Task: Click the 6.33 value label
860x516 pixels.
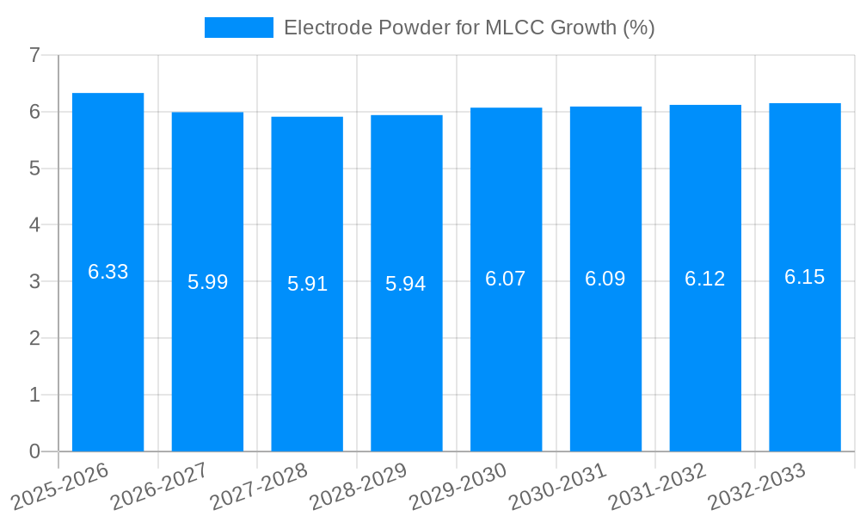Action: click(107, 272)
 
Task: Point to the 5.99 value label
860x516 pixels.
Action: click(207, 282)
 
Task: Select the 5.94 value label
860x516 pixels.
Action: click(406, 284)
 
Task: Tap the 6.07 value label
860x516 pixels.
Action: click(506, 279)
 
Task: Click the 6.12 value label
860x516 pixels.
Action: click(705, 279)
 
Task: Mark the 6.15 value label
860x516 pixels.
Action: click(805, 277)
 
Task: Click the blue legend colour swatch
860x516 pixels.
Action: click(238, 28)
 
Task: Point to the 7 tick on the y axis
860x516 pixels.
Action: click(34, 55)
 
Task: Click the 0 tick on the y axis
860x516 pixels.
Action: click(34, 451)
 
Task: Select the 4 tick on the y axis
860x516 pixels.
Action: click(34, 225)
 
